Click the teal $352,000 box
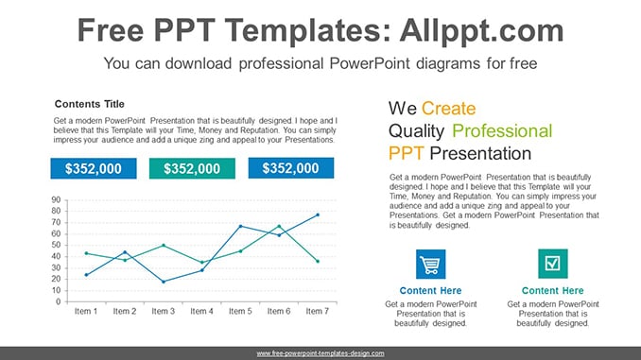click(x=192, y=168)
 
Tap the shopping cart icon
click(x=431, y=264)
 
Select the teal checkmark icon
click(x=553, y=264)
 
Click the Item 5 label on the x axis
click(x=240, y=311)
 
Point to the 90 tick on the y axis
click(x=56, y=199)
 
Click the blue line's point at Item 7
click(x=318, y=214)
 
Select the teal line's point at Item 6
click(x=279, y=226)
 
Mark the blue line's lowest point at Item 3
click(x=164, y=282)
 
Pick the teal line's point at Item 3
click(x=164, y=245)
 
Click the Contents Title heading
click(x=90, y=104)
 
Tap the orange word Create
click(x=448, y=109)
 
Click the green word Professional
click(x=502, y=131)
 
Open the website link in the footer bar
click(x=320, y=353)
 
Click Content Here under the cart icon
click(x=430, y=290)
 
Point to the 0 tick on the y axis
click(x=59, y=301)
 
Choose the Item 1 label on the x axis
click(x=86, y=311)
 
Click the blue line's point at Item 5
click(x=240, y=226)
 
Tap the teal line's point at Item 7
click(x=318, y=261)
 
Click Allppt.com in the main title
click(x=481, y=30)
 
